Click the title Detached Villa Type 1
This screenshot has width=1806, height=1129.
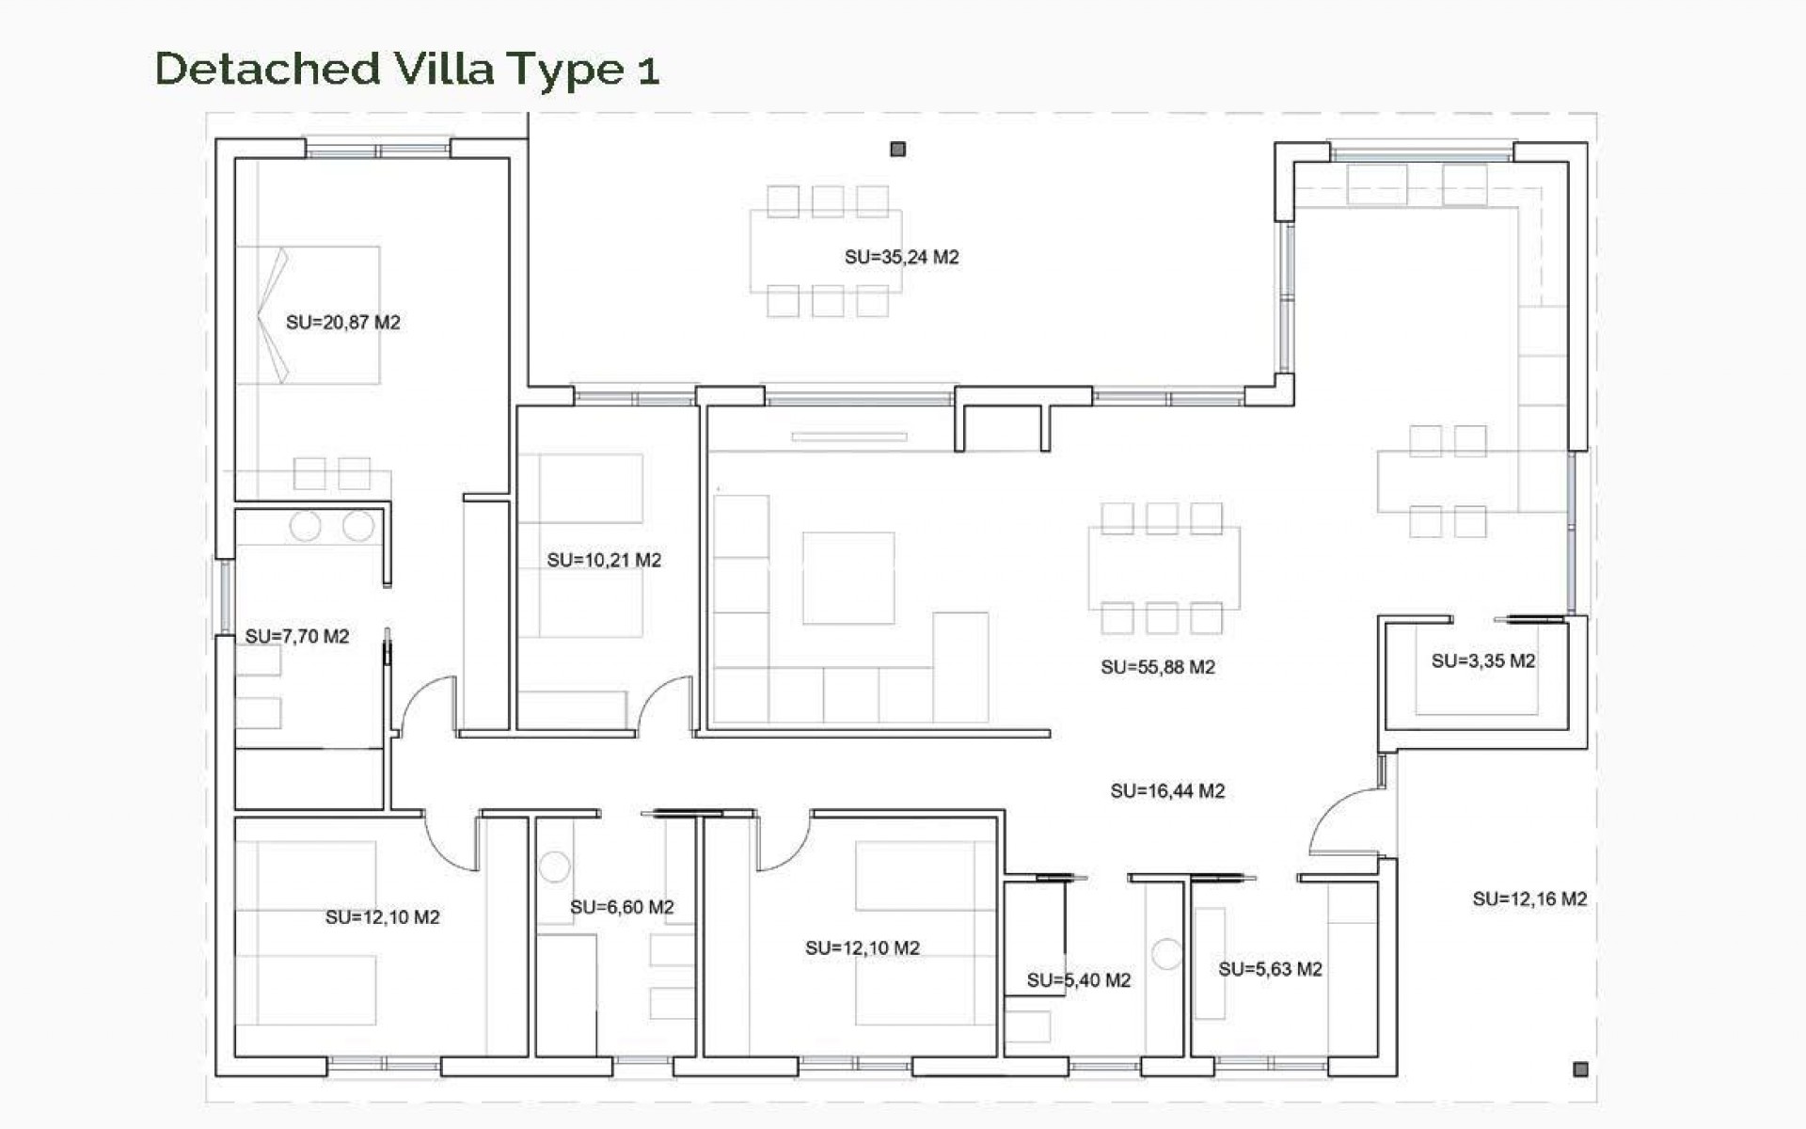[x=406, y=69]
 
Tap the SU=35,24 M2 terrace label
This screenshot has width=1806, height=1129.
[x=901, y=257]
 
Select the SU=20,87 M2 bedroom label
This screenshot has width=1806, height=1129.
[x=342, y=323]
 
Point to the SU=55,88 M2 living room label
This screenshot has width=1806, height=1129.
[x=1158, y=667]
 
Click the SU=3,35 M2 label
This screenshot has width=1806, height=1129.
[x=1482, y=661]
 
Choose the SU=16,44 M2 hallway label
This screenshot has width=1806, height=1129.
[x=1167, y=791]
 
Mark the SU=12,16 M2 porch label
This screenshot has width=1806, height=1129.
[x=1529, y=899]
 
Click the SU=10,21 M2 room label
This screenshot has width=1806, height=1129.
[x=604, y=560]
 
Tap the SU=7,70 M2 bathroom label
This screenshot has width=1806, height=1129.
[x=296, y=637]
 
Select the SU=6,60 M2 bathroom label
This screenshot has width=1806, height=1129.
[x=622, y=907]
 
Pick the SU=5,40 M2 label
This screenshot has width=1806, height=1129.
[x=1078, y=980]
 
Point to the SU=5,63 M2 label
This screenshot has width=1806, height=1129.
[x=1270, y=969]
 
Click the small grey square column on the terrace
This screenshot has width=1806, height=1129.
[x=897, y=149]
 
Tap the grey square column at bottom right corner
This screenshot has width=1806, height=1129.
[x=1580, y=1069]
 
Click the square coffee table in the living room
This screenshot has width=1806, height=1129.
[x=848, y=578]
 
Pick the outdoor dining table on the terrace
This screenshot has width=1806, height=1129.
[x=825, y=252]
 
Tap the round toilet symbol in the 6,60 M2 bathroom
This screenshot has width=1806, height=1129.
[x=555, y=867]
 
